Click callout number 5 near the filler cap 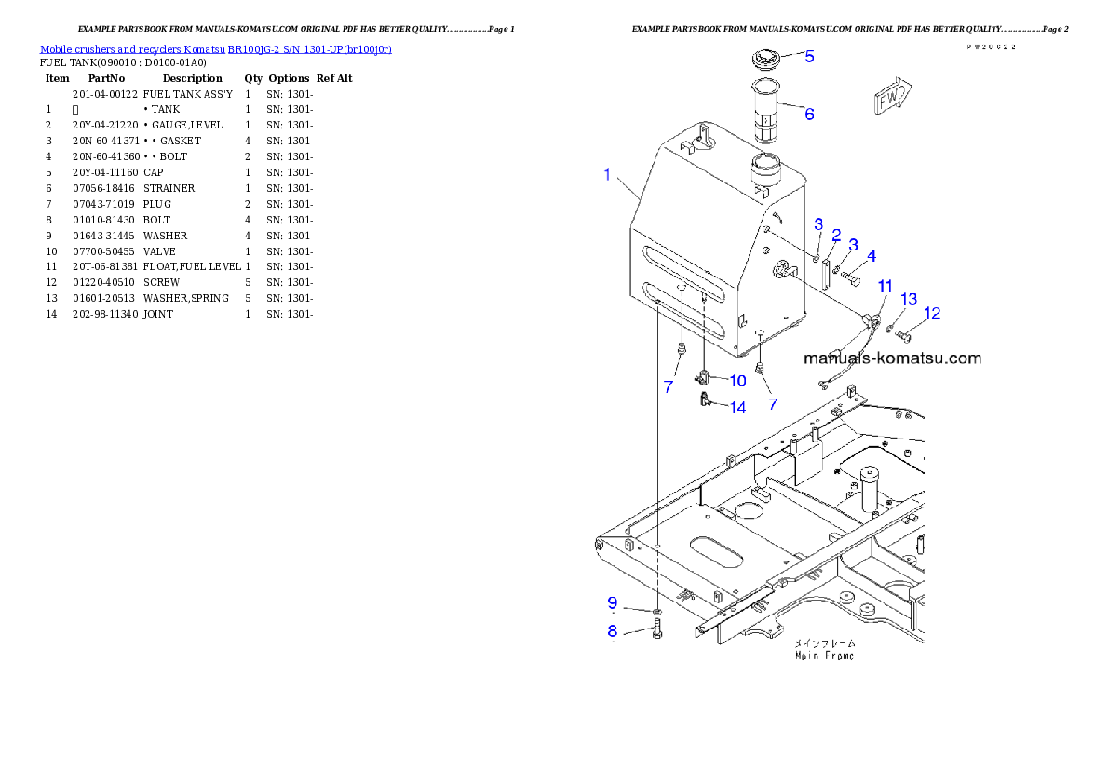pyautogui.click(x=809, y=57)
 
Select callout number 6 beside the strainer pyautogui.click(x=809, y=115)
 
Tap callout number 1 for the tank pyautogui.click(x=607, y=175)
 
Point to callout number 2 pyautogui.click(x=836, y=236)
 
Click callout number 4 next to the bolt pyautogui.click(x=871, y=255)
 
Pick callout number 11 pyautogui.click(x=885, y=286)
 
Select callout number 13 pyautogui.click(x=909, y=300)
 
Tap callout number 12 pyautogui.click(x=931, y=314)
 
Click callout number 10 pyautogui.click(x=736, y=380)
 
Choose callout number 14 pyautogui.click(x=736, y=407)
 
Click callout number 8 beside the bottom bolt pyautogui.click(x=613, y=630)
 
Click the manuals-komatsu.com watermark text pyautogui.click(x=891, y=358)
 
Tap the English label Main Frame pyautogui.click(x=824, y=656)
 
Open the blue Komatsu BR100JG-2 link pyautogui.click(x=215, y=48)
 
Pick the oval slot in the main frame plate pyautogui.click(x=716, y=547)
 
